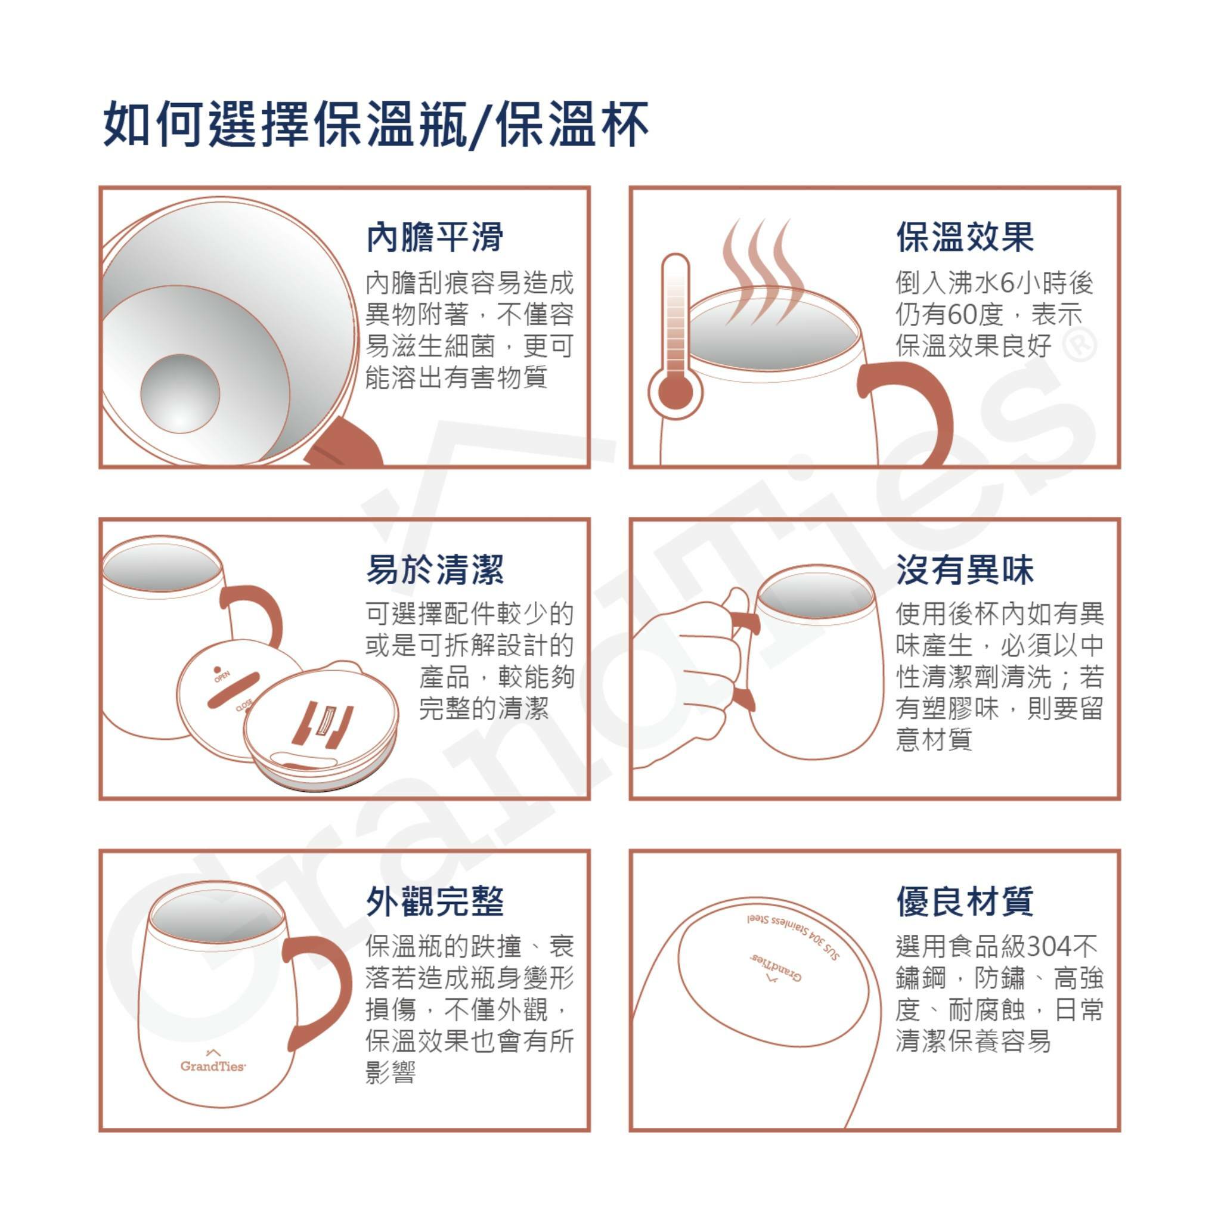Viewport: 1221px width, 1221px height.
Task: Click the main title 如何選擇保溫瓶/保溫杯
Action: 376,124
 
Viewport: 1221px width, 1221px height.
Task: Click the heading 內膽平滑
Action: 435,237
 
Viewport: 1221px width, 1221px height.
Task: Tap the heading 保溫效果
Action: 965,237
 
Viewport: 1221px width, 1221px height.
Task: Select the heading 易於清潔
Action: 435,569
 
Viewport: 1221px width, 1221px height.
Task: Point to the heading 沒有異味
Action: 965,569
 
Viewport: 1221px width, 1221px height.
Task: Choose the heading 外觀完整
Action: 435,901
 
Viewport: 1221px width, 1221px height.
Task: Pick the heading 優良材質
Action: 965,901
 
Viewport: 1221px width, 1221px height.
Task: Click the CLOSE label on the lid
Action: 244,705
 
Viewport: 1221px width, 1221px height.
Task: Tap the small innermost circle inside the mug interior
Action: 180,393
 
